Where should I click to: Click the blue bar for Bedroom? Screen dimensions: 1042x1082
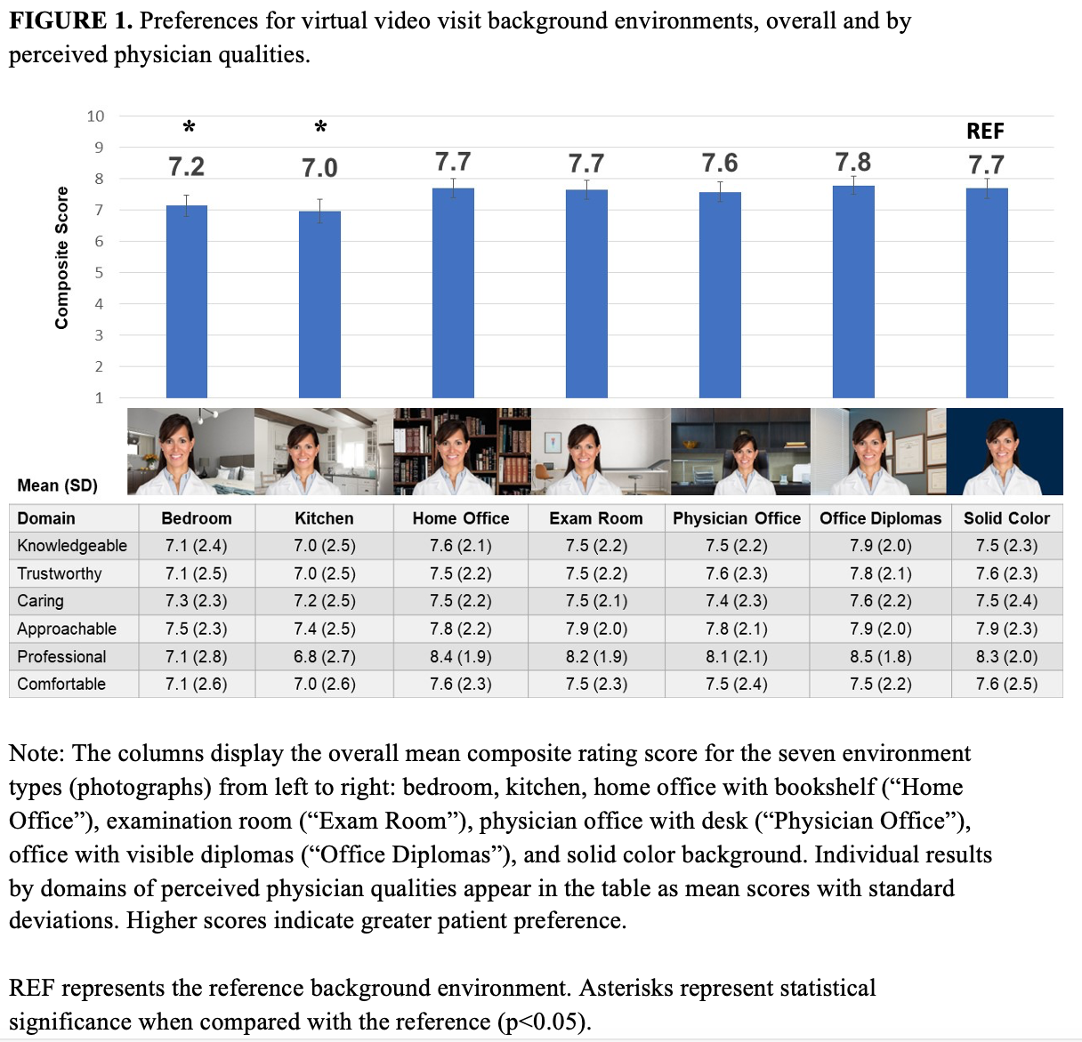(187, 301)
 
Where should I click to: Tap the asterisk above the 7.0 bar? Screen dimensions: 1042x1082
(320, 128)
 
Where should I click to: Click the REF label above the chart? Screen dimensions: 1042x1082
(985, 132)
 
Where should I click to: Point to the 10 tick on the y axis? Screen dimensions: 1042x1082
(95, 116)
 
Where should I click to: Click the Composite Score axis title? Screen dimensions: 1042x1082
(61, 258)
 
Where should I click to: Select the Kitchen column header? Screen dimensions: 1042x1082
(324, 518)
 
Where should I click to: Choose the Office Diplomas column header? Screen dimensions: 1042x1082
(880, 518)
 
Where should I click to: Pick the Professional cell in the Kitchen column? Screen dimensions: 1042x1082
(324, 657)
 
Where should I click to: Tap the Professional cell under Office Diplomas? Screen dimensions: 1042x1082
(880, 657)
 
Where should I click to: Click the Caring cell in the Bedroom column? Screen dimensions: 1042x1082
(196, 601)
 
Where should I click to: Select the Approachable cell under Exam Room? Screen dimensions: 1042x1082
(595, 629)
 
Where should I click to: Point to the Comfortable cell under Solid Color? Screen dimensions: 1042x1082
(1006, 685)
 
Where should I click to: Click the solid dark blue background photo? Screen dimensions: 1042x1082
(1005, 452)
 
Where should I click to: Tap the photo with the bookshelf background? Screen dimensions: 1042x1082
(462, 452)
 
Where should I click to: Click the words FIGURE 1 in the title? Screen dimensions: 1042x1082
(70, 21)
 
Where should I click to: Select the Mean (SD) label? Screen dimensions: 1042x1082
(58, 485)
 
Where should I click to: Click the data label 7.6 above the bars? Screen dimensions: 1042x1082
(719, 164)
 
